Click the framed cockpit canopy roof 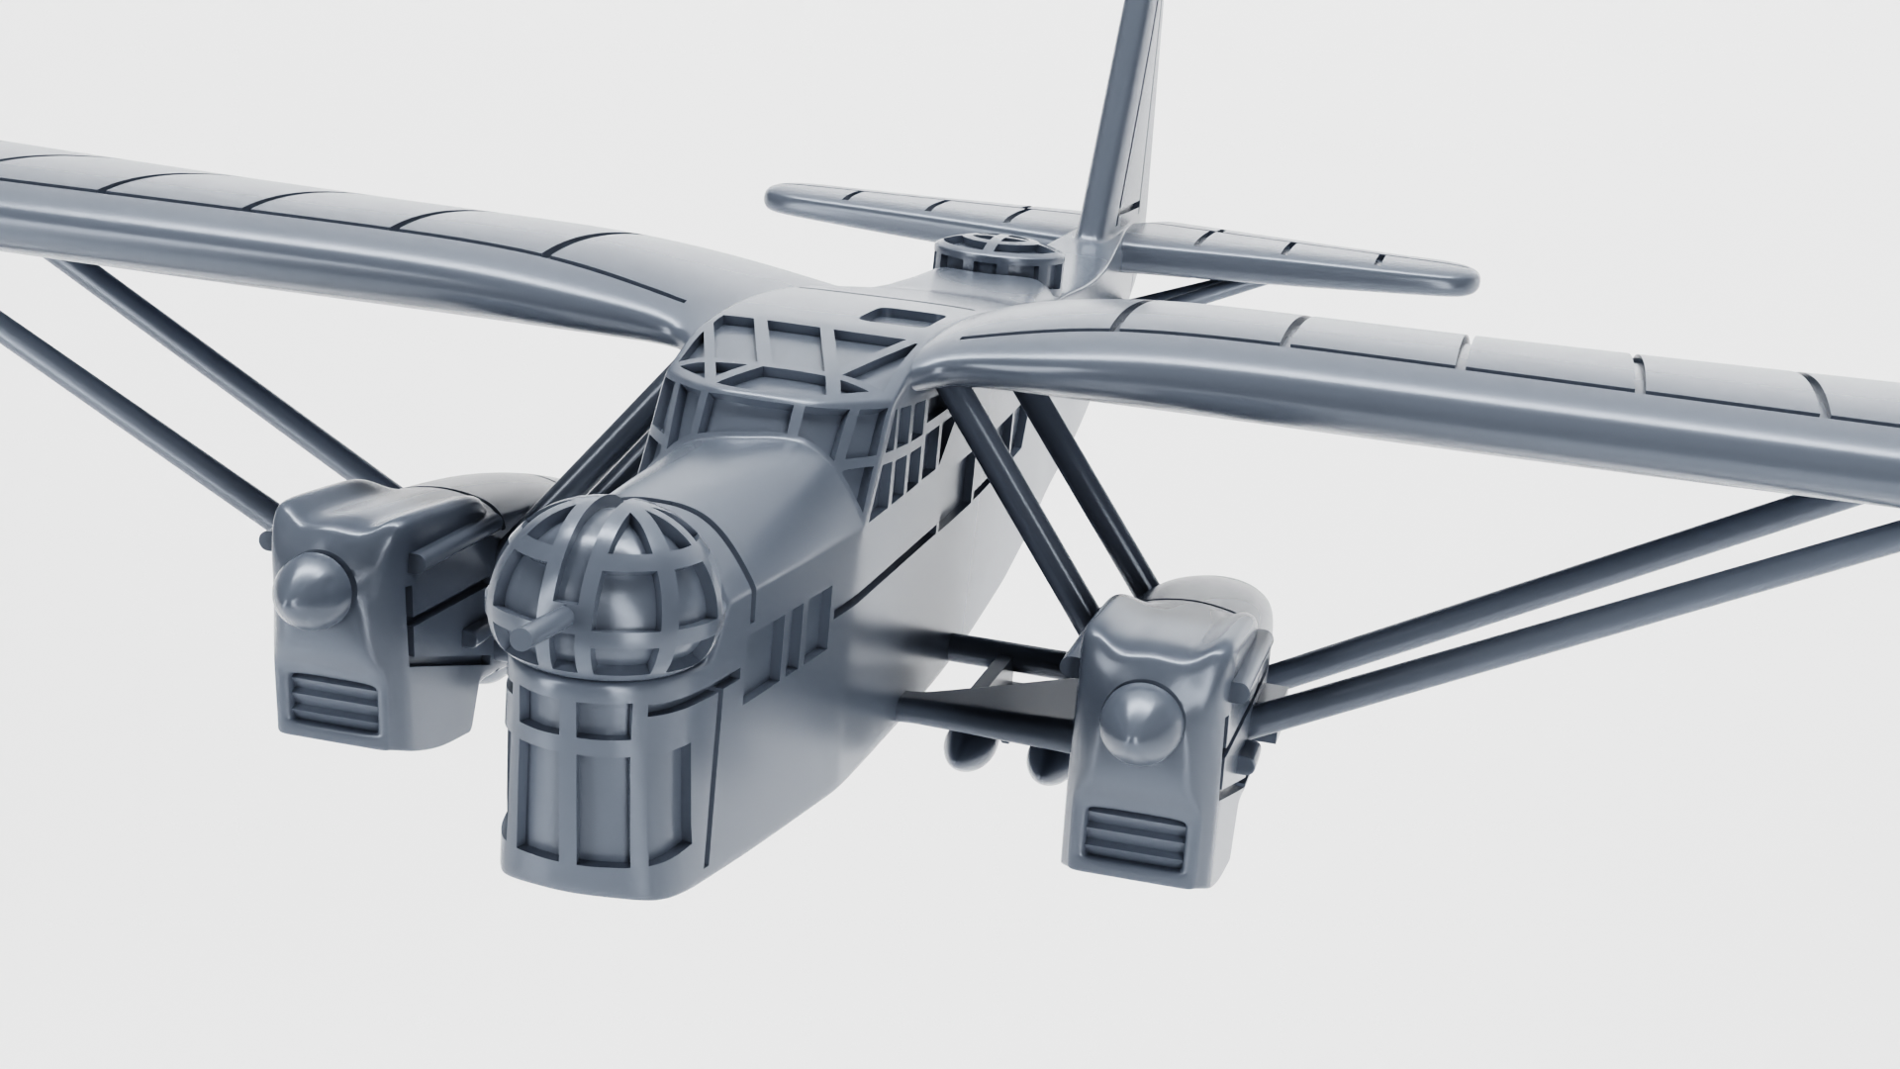[x=792, y=351]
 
